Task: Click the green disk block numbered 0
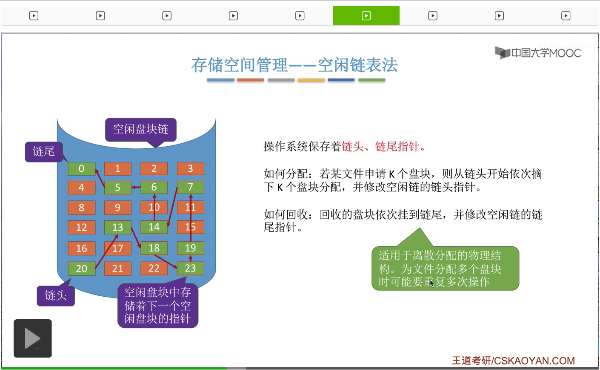pyautogui.click(x=81, y=168)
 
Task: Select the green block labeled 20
pyautogui.click(x=81, y=269)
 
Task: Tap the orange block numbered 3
pyautogui.click(x=190, y=168)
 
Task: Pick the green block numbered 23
pyautogui.click(x=190, y=268)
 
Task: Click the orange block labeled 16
pyautogui.click(x=81, y=248)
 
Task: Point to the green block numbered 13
pyautogui.click(x=117, y=227)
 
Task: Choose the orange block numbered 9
pyautogui.click(x=117, y=208)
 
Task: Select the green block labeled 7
pyautogui.click(x=190, y=187)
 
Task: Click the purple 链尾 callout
pyautogui.click(x=43, y=152)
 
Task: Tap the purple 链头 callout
pyautogui.click(x=56, y=295)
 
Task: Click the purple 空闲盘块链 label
pyautogui.click(x=140, y=129)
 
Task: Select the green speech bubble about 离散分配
pyautogui.click(x=445, y=269)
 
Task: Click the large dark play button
pyautogui.click(x=33, y=338)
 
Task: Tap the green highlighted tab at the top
pyautogui.click(x=366, y=16)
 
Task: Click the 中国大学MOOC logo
pyautogui.click(x=538, y=53)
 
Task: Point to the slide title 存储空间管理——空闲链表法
pyautogui.click(x=294, y=65)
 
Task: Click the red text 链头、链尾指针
pyautogui.click(x=380, y=147)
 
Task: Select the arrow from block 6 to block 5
pyautogui.click(x=136, y=187)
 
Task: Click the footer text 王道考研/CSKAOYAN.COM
pyautogui.click(x=513, y=361)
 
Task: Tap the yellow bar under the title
pyautogui.click(x=311, y=80)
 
